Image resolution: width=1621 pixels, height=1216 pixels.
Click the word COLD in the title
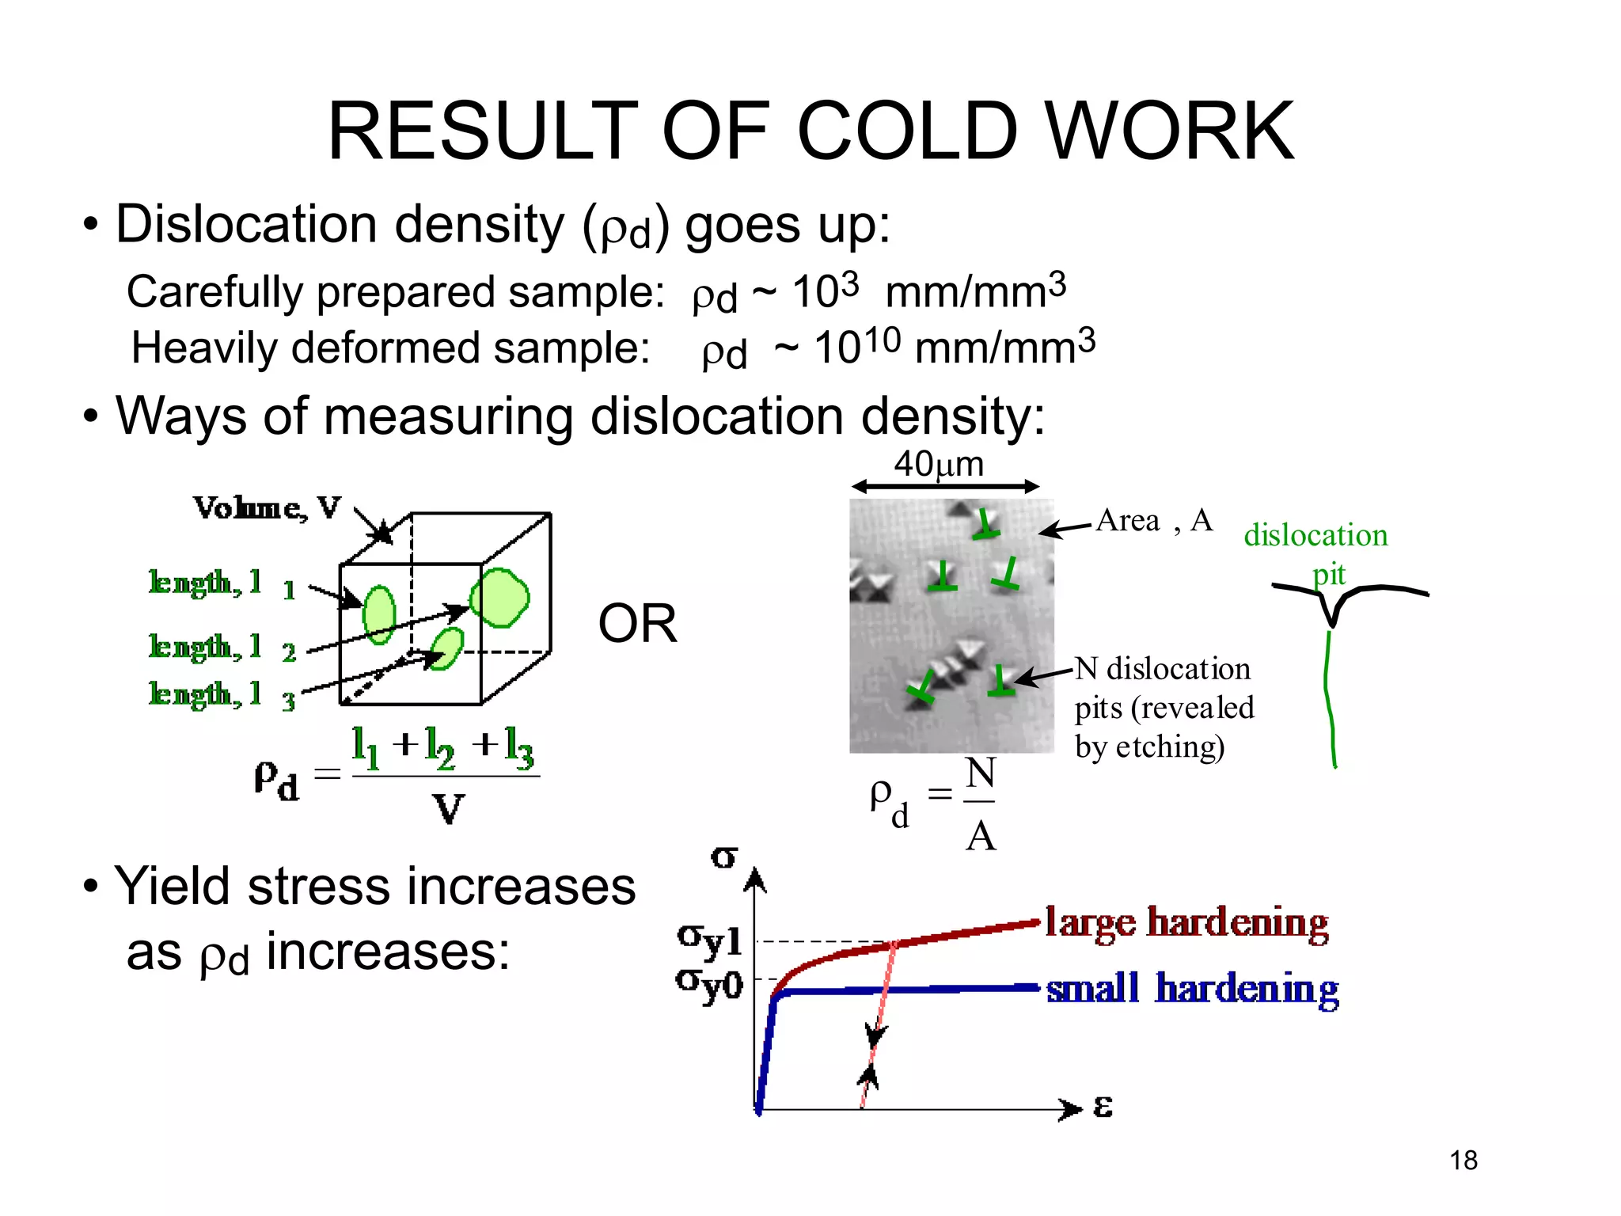point(907,131)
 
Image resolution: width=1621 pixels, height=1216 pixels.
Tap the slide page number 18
point(1463,1160)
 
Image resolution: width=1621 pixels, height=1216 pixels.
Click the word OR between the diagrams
point(637,624)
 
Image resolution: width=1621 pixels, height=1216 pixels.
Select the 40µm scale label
point(939,464)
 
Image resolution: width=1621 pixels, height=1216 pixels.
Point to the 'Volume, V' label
point(268,507)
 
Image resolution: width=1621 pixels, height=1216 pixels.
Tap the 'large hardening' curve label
point(1186,923)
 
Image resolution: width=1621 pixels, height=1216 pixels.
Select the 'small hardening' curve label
point(1192,990)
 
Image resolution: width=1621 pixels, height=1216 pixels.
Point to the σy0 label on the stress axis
point(709,985)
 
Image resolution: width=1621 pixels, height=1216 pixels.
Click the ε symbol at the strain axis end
point(1103,1107)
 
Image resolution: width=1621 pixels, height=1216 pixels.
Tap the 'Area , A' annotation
point(1154,521)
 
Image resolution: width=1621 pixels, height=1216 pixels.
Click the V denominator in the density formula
point(448,809)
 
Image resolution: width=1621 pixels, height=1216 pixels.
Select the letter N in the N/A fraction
point(981,773)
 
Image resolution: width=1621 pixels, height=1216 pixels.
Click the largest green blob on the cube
point(499,598)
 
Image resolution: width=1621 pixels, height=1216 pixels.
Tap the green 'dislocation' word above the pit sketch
point(1315,535)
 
